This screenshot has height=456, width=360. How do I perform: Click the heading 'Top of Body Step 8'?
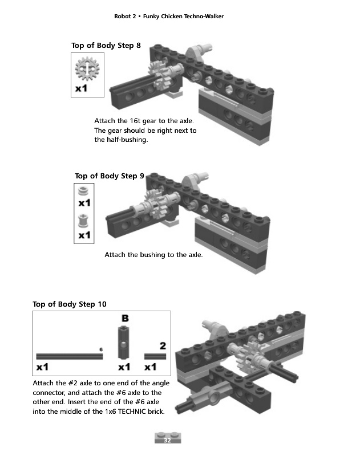(x=106, y=46)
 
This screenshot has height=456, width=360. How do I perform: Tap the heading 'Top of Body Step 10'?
(x=70, y=304)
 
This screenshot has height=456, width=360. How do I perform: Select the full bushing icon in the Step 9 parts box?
(x=84, y=220)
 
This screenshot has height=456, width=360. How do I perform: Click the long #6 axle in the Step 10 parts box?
(x=69, y=356)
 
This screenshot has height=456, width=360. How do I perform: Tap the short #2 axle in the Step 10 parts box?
(x=155, y=356)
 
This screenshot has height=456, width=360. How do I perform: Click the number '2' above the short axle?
(x=163, y=346)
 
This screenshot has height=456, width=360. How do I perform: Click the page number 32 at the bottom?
(x=168, y=441)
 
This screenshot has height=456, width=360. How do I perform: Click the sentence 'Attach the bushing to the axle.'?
(x=153, y=255)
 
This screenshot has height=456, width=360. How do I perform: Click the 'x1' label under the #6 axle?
(x=42, y=367)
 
